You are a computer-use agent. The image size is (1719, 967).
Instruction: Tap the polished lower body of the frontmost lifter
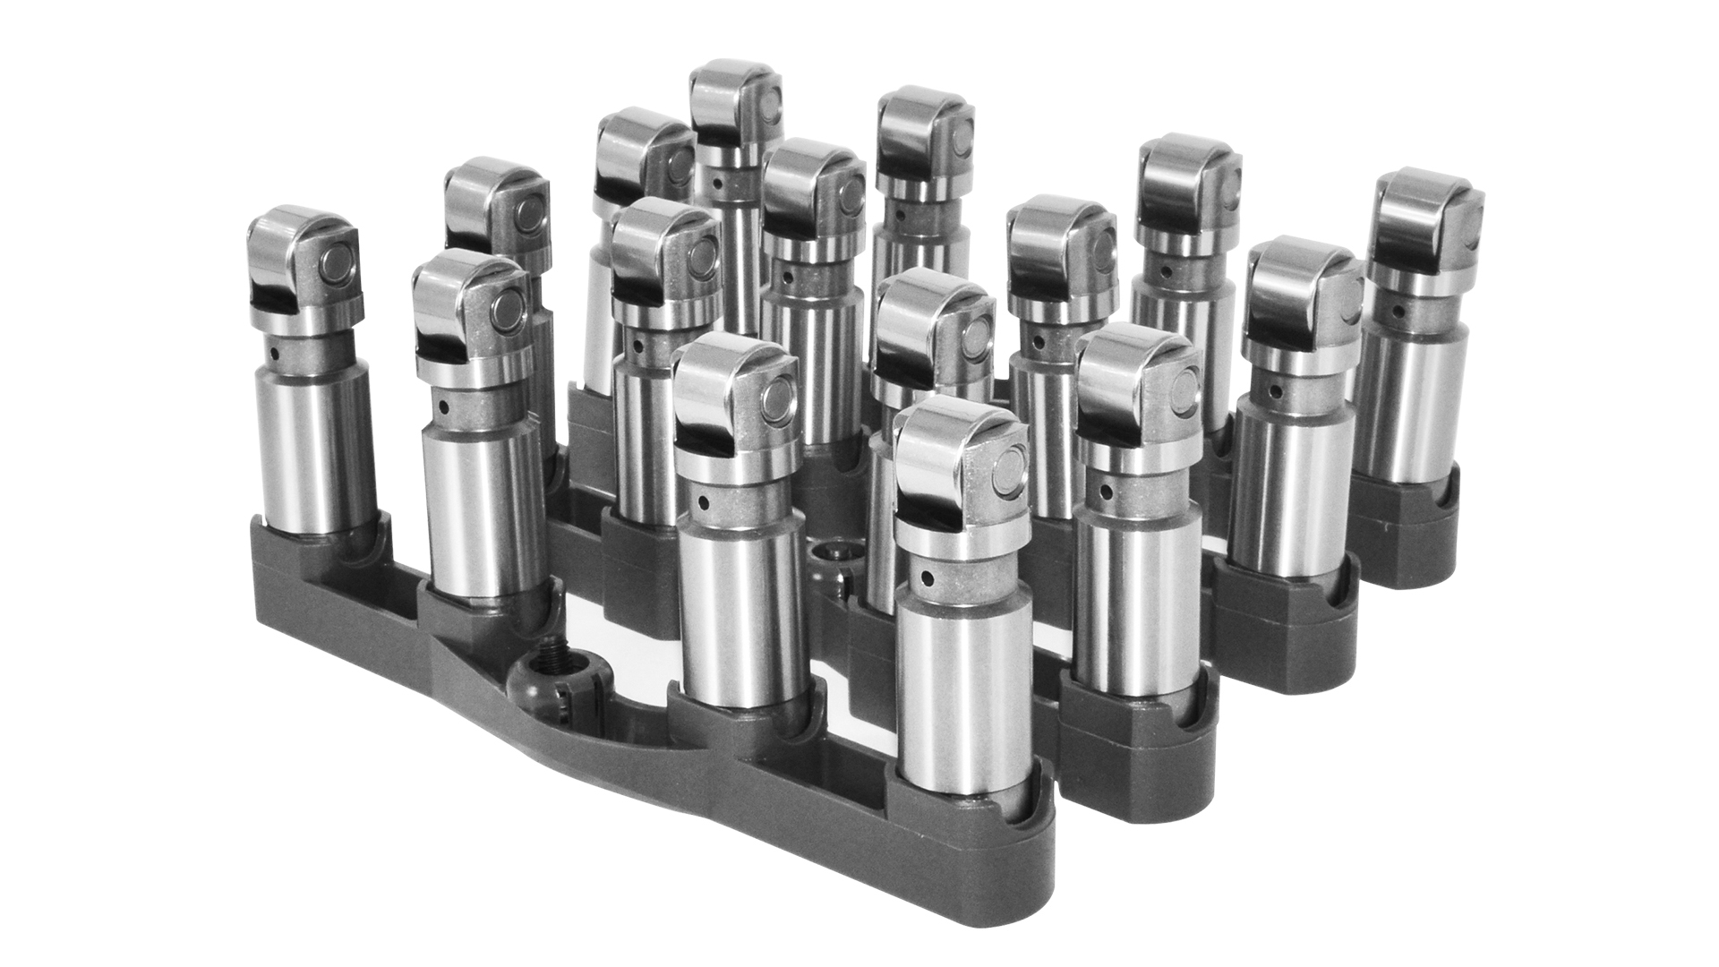(962, 689)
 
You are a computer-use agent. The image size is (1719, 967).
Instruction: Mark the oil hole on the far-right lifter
(1399, 312)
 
